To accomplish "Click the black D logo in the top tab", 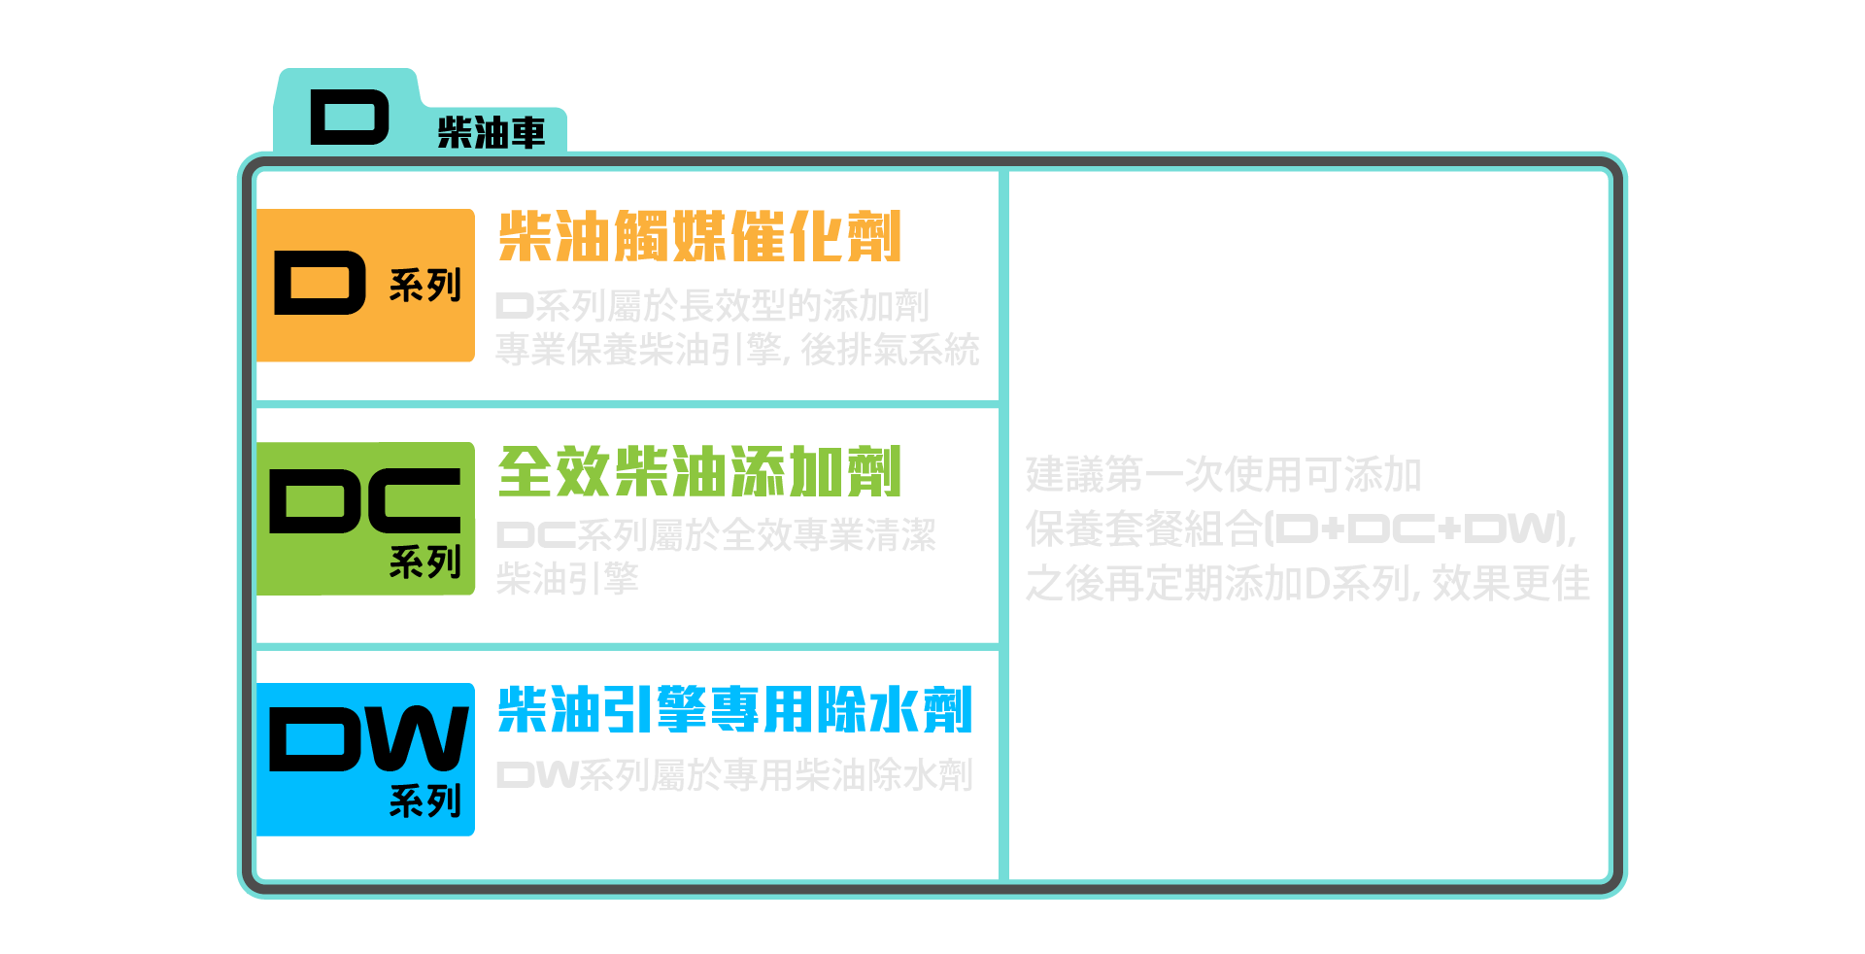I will pos(350,118).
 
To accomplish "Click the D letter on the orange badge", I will pos(320,283).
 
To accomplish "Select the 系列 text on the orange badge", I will pos(424,286).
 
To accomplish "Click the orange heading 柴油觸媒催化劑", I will pos(699,236).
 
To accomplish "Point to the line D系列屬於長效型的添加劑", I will pos(712,306).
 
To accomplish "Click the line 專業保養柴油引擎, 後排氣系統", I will pos(737,350).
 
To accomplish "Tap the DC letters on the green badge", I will pos(365,501).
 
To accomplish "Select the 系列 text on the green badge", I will pos(424,562).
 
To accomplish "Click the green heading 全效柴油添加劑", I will pos(699,472).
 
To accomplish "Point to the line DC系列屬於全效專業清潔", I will pos(716,535).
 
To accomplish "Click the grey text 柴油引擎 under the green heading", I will pos(567,579).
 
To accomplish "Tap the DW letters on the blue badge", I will pos(368,739).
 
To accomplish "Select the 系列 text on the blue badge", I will pos(424,801).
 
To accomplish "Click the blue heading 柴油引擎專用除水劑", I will pos(734,709).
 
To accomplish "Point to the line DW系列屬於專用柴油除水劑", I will pos(734,775).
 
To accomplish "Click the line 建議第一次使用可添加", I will pos(1223,475).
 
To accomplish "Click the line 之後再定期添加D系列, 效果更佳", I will pos(1307,584).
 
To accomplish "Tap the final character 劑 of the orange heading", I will pos(873,236).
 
